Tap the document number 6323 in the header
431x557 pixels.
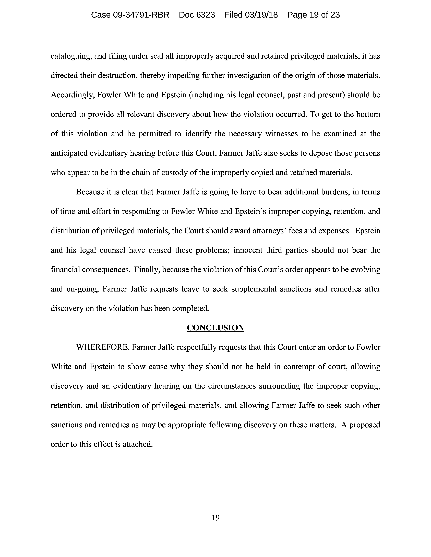point(205,15)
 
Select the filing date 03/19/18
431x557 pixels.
point(261,15)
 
